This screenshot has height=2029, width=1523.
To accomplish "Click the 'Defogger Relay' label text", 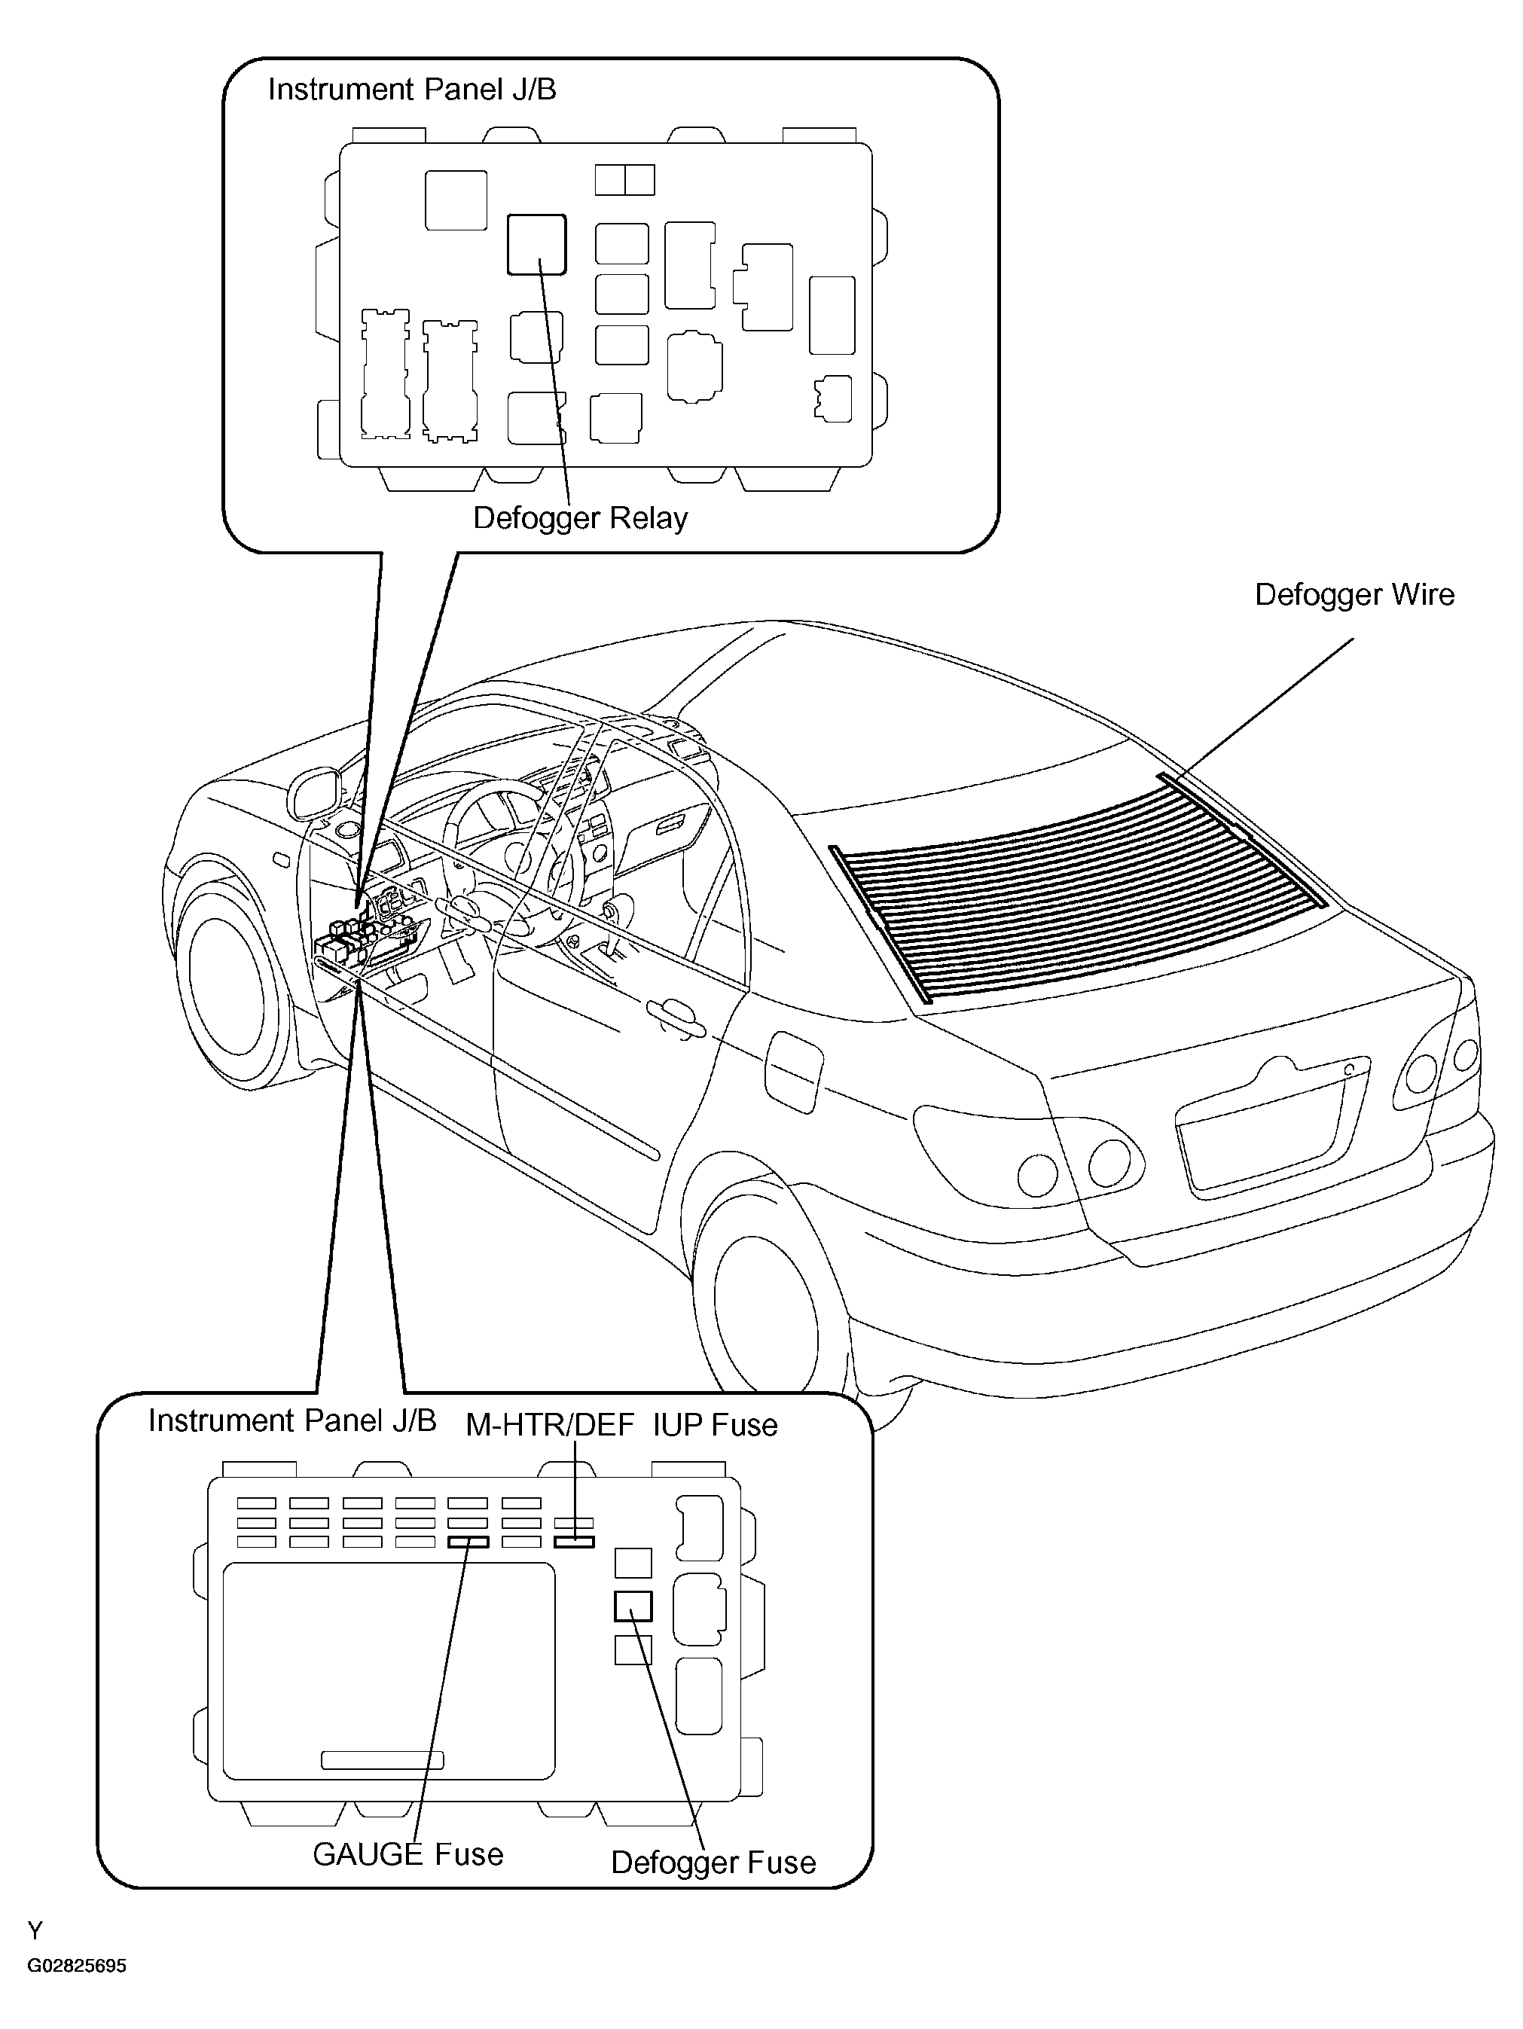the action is (580, 519).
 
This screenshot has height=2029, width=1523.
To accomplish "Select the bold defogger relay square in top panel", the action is (537, 245).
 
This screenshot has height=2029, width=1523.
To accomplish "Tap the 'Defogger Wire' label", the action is (1354, 595).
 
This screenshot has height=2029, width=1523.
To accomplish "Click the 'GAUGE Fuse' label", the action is (408, 1855).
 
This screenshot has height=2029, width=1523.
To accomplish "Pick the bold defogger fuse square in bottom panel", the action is (633, 1606).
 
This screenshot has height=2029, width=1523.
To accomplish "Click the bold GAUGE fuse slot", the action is (468, 1542).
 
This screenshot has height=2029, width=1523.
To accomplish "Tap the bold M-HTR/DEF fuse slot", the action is (575, 1542).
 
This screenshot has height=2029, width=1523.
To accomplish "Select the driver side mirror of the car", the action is (314, 792).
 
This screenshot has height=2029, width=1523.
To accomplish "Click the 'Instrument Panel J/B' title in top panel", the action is (412, 90).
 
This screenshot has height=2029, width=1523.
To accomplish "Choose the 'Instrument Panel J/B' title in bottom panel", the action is (291, 1421).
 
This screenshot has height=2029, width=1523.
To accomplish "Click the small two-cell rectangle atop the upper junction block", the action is (625, 180).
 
